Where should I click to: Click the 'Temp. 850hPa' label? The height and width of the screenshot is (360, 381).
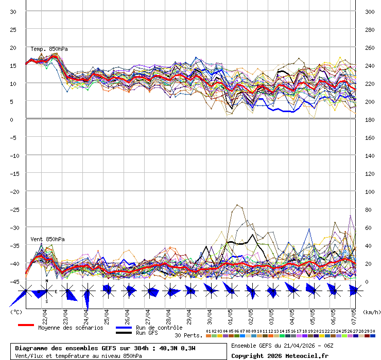coord(49,49)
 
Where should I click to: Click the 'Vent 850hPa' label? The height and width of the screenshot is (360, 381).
coord(47,240)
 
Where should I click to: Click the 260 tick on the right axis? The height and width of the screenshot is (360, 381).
coord(370,47)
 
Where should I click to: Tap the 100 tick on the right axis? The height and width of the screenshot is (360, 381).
coord(370,191)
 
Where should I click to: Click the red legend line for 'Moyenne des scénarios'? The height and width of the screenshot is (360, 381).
coord(26,325)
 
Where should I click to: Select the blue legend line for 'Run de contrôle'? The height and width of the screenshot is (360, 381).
coord(124,328)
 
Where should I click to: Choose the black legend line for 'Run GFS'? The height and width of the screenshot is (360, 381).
coord(124,333)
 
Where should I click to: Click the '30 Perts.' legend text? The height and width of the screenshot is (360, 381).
coord(188,335)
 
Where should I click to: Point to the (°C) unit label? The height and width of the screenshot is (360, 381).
coord(16,312)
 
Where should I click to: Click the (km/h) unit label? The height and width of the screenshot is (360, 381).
coord(371,312)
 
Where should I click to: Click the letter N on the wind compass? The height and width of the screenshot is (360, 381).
coord(46,281)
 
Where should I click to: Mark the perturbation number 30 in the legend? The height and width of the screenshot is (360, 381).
coord(372,331)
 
